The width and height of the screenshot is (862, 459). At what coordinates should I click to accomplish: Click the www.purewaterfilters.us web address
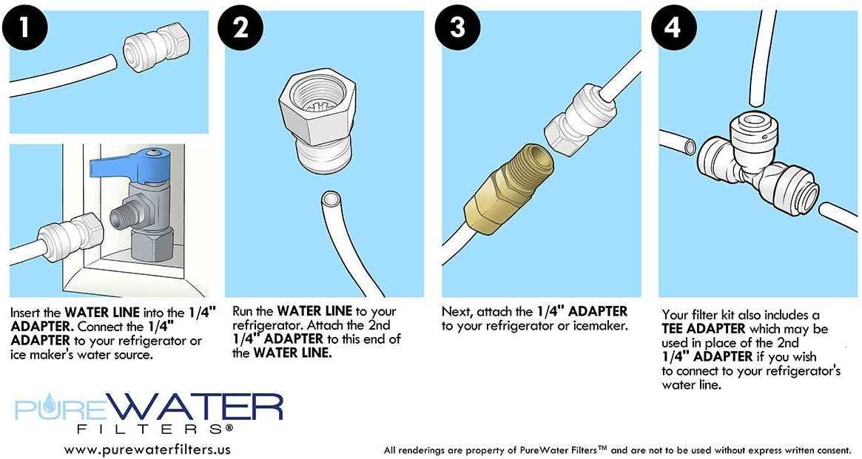147,449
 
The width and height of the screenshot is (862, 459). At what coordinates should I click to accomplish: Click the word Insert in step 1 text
27,313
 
